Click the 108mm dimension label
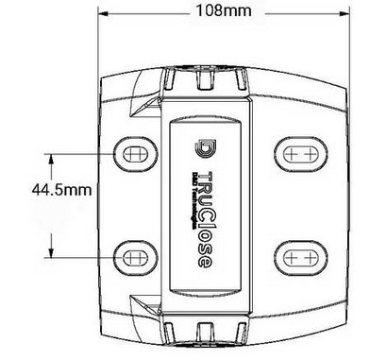point(226,10)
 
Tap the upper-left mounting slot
point(134,153)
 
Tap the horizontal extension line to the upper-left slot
point(85,153)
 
